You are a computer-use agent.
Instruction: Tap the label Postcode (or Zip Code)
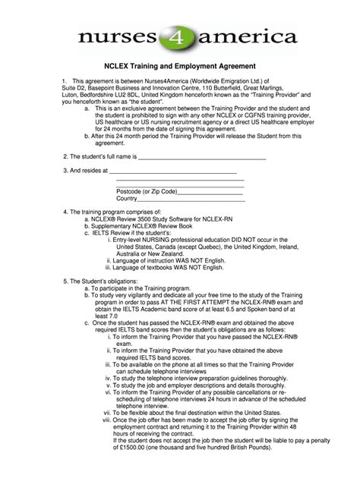147,191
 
